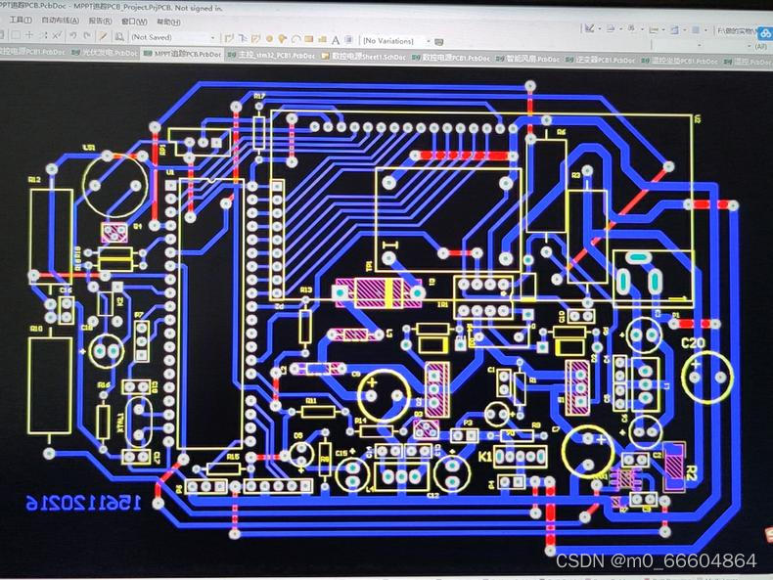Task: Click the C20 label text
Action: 693,343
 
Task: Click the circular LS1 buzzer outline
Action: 115,184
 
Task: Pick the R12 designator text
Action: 34,180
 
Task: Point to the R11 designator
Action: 311,400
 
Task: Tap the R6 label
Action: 561,131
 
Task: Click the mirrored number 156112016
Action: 84,502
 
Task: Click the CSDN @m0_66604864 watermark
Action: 656,560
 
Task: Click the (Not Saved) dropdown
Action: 172,37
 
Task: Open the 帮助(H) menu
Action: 168,21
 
